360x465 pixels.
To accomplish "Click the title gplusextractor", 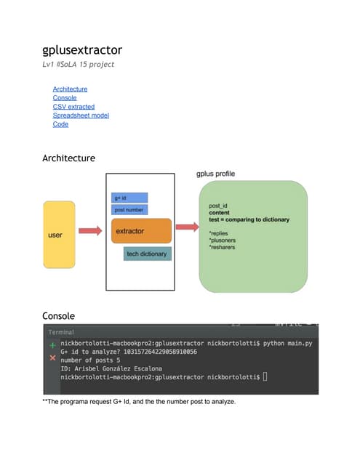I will coord(82,50).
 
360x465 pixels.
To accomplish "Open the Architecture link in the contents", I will coord(70,89).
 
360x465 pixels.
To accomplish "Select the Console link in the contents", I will coord(65,98).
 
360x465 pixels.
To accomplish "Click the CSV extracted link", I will coord(73,107).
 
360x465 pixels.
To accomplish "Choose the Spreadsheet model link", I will coord(81,116).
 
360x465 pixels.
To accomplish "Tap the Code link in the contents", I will coord(60,124).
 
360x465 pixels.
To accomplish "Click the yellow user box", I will coord(59,235).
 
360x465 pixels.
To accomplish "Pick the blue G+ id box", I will coord(129,198).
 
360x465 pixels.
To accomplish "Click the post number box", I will coord(129,210).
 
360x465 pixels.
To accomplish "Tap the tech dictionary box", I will coord(148,254).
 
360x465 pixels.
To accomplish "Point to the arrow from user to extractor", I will coord(89,232).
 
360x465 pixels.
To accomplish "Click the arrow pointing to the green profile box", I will coord(187,232).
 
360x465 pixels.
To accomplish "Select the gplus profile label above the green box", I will coord(216,174).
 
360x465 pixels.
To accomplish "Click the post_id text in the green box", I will coord(219,206).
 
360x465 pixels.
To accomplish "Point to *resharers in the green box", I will coord(222,248).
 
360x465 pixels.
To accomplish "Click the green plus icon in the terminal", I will coord(52,346).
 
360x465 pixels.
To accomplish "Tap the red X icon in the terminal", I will coord(52,359).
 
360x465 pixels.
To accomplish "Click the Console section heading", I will coord(59,316).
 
